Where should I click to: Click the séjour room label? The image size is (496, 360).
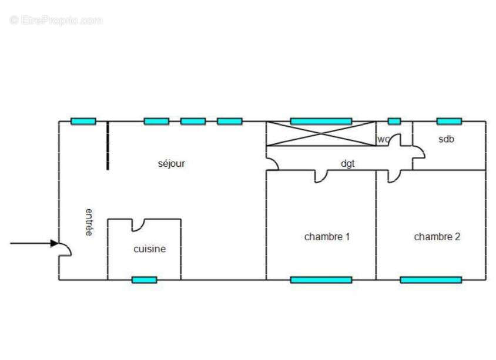click(172, 164)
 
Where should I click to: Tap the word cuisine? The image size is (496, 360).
click(150, 249)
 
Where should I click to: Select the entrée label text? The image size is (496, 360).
click(89, 222)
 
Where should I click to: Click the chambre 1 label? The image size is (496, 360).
click(327, 237)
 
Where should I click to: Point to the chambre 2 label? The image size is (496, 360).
click(437, 237)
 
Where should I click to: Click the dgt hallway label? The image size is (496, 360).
click(348, 164)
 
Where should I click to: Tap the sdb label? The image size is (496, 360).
click(446, 139)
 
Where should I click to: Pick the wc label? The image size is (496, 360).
click(383, 139)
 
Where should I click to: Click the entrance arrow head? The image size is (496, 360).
click(55, 243)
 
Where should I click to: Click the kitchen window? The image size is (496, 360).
click(144, 280)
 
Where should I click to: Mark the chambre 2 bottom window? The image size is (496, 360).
click(431, 280)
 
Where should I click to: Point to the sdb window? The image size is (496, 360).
click(449, 122)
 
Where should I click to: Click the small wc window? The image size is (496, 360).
click(394, 122)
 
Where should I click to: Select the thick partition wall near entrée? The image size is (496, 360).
click(108, 146)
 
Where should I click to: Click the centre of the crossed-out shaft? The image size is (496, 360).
click(321, 134)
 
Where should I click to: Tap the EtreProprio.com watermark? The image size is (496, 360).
click(56, 20)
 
